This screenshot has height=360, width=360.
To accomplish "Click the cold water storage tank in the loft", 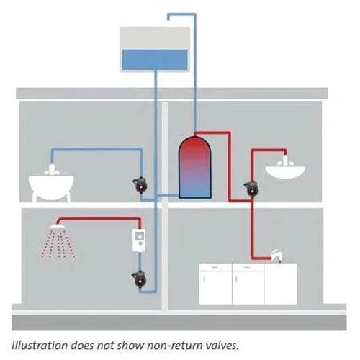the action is (x=155, y=49).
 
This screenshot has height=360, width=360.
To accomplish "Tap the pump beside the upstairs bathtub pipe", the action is (x=140, y=185).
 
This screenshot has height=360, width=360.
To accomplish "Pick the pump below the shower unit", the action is (x=139, y=279).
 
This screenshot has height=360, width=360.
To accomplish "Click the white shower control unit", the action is (x=139, y=240).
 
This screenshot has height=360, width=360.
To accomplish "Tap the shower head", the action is (x=57, y=226).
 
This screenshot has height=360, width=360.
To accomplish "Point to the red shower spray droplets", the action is (x=58, y=243).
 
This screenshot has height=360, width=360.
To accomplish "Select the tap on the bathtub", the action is (x=52, y=170).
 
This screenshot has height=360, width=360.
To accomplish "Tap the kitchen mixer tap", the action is (x=276, y=256).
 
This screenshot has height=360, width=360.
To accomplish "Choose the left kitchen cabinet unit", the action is (x=215, y=284).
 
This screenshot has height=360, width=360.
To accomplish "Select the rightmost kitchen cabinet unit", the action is (x=281, y=284).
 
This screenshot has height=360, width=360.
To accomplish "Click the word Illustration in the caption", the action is (x=40, y=346).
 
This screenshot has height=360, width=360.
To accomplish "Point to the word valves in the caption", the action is (x=222, y=346).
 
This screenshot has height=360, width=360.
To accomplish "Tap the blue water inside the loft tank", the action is (x=155, y=60).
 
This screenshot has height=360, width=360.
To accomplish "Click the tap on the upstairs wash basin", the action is (x=285, y=161).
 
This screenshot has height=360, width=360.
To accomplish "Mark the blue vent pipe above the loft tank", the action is (x=194, y=72).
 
